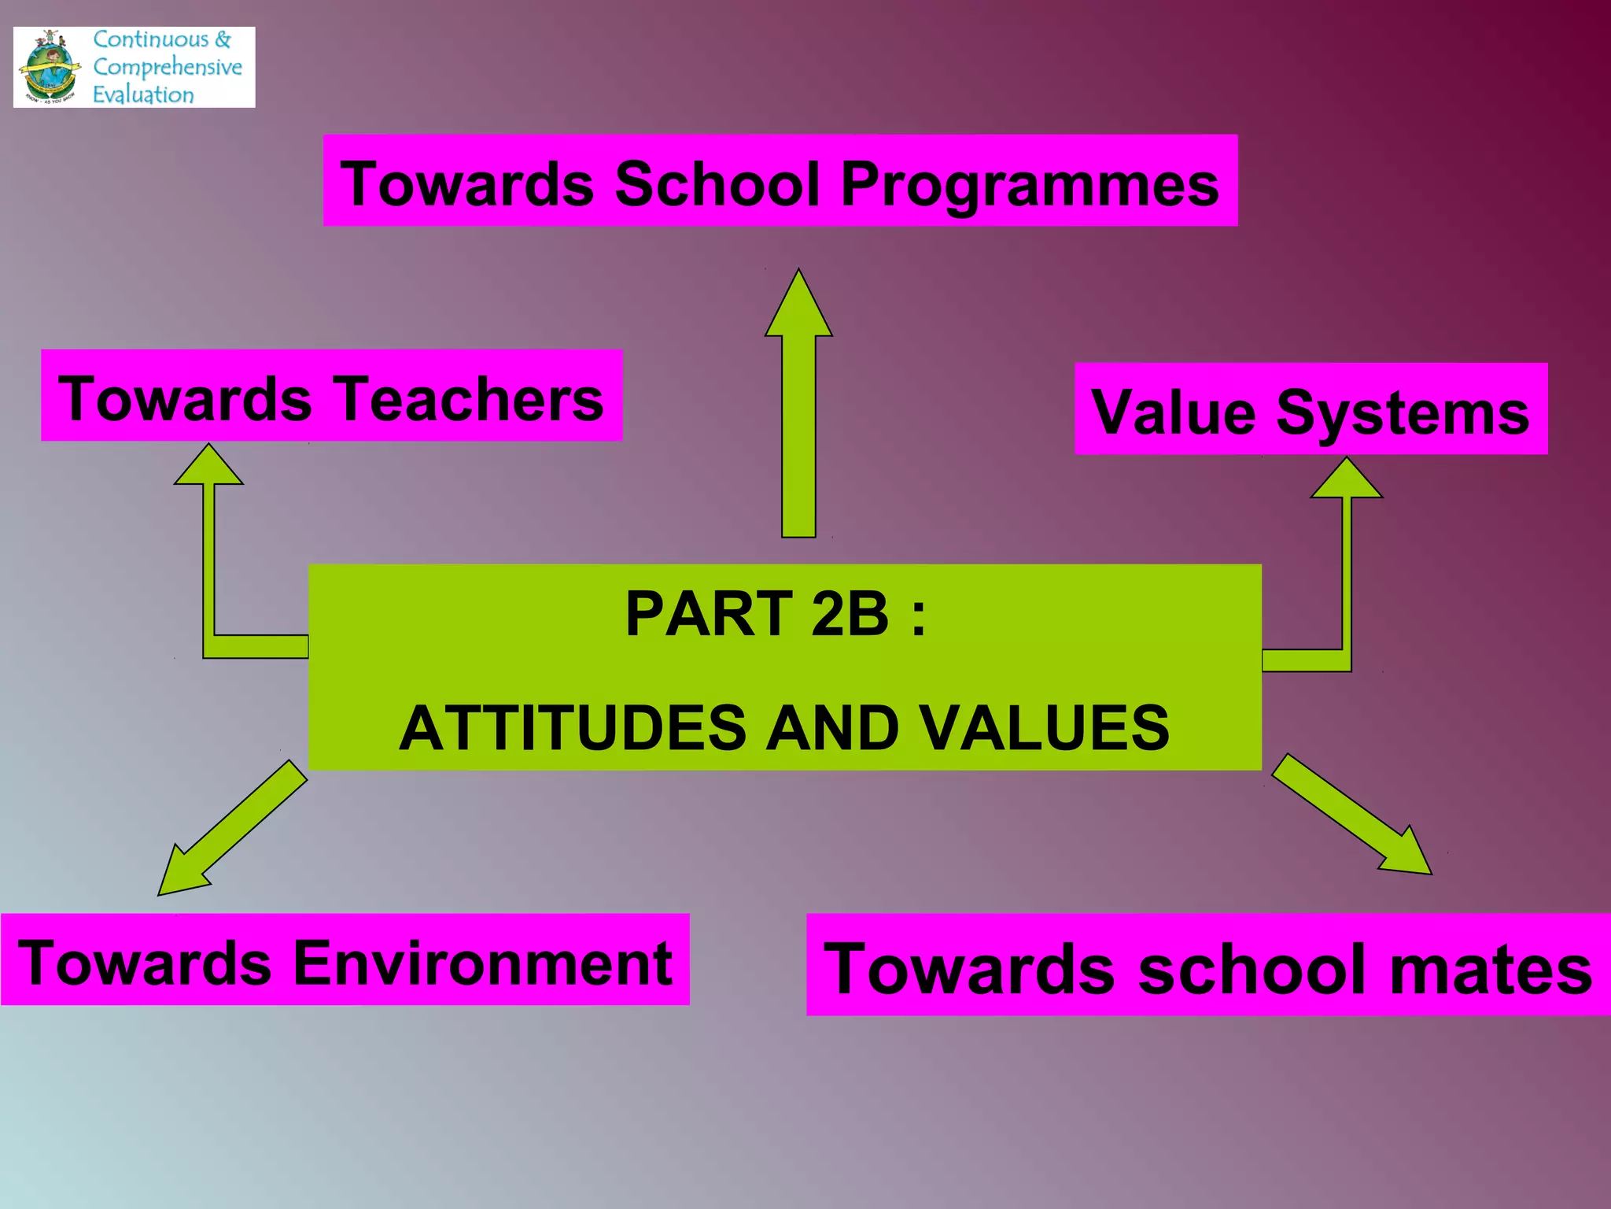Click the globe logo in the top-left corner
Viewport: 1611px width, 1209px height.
pos(50,68)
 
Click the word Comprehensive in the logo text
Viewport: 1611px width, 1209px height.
pos(167,67)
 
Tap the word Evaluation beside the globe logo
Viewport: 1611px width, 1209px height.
pos(143,94)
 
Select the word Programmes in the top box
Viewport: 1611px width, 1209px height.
pos(1030,185)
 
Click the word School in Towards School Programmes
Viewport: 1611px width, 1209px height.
pos(717,183)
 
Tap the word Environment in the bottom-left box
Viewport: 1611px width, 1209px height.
pos(482,963)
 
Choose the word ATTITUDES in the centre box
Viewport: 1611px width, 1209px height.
pos(573,727)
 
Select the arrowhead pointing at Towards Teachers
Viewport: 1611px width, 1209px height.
pos(208,466)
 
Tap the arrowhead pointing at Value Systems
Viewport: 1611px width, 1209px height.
pos(1346,479)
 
